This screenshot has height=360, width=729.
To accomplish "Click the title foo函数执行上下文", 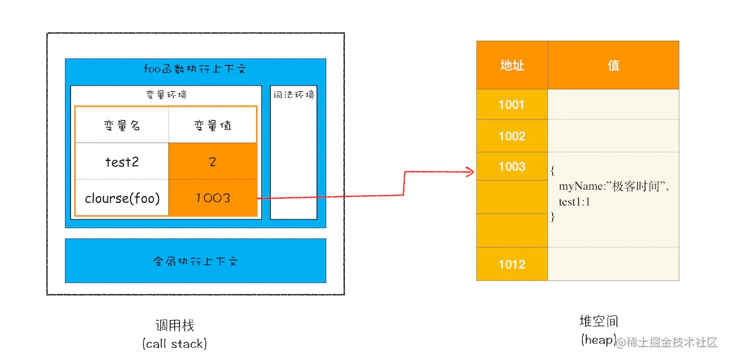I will pos(195,70).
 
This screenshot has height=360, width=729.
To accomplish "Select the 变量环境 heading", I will pos(166,95).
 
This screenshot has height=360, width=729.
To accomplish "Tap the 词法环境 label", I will pos(294,95).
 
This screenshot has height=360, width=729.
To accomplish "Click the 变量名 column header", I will pos(122,126).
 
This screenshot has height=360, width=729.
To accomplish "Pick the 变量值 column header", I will pos(213,126).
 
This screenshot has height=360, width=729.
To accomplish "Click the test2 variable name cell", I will pos(122,161).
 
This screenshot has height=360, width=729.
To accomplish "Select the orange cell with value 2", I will pos(213,161).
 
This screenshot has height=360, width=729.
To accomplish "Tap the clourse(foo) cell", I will pos(122,198).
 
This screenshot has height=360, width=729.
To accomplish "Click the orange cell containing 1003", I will pos(213,198).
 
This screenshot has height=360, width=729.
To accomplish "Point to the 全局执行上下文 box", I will pos(195,261).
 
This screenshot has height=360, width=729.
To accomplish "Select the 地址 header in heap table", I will pos(512,65).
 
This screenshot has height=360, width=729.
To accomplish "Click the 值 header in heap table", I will pos(613,65).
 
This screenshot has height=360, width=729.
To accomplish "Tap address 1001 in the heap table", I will pos(512,105).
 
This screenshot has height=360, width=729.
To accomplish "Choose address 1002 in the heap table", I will pos(512,136).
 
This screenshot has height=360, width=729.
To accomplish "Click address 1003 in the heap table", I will pos(512,167).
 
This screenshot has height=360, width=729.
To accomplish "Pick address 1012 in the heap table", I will pos(512,264).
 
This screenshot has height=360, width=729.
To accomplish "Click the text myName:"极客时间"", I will pos(617,187).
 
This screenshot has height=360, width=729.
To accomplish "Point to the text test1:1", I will pos(575,202).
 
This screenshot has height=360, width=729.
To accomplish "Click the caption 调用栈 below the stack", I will pos(174,326).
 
